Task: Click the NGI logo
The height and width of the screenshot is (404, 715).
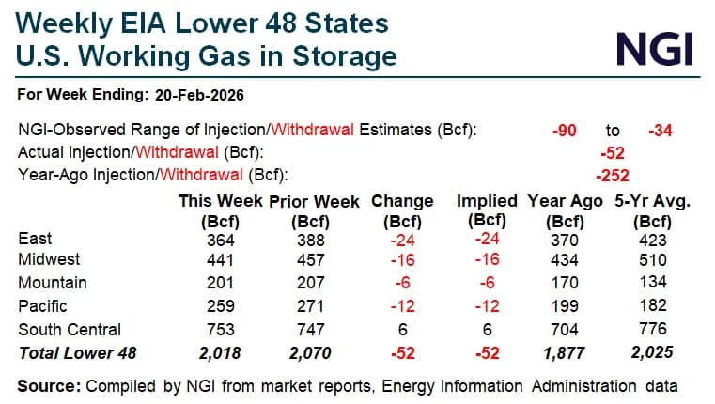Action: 654,46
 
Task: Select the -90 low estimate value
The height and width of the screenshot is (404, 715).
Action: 565,131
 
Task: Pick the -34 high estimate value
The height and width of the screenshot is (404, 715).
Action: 662,131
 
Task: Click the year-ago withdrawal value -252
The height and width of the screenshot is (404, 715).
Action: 613,174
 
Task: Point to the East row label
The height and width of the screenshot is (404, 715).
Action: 36,240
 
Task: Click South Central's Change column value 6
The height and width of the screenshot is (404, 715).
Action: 402,329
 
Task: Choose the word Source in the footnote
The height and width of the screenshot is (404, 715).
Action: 47,385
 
